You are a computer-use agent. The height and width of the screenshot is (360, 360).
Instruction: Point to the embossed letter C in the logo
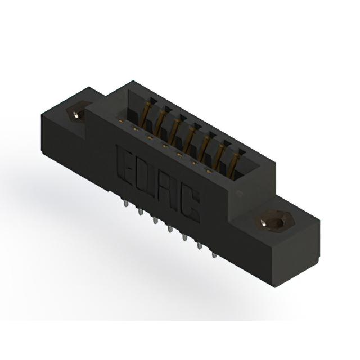tap(190, 205)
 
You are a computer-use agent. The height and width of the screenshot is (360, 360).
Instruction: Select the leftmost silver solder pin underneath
tap(125, 204)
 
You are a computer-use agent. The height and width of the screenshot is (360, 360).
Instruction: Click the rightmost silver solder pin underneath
tap(214, 255)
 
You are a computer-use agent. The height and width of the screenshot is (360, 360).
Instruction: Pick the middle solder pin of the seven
tap(170, 229)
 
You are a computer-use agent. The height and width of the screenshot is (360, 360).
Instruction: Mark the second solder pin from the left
tap(140, 212)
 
